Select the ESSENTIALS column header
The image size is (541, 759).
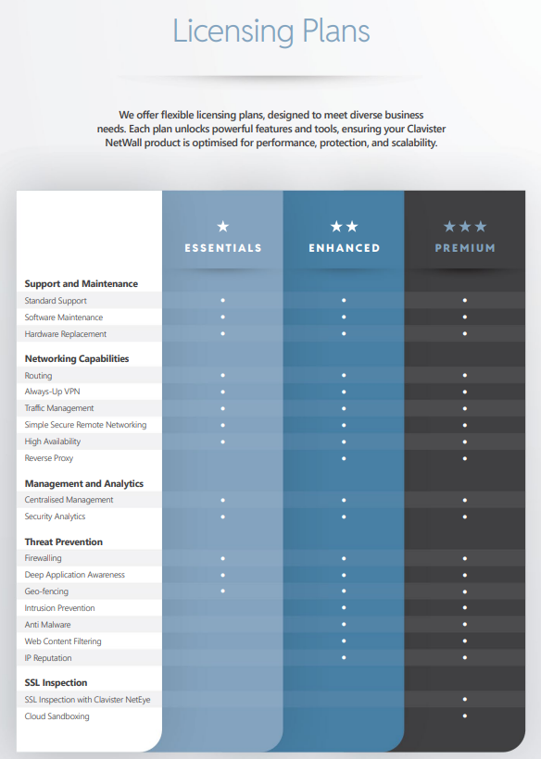[223, 248]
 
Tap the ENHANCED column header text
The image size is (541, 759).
[344, 248]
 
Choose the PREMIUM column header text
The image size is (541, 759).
[465, 248]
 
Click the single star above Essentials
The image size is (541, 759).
[223, 226]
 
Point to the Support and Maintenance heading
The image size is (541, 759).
[82, 283]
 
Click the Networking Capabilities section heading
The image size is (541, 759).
[77, 359]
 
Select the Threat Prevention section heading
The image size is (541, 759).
[63, 541]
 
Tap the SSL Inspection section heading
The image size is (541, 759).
[56, 682]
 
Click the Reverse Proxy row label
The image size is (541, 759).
[49, 458]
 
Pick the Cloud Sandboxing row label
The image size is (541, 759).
[57, 716]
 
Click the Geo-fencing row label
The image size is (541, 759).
[46, 591]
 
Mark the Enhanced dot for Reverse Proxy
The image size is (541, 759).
[344, 458]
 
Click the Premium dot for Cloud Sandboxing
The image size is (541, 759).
[465, 715]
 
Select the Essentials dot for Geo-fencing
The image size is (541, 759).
[223, 591]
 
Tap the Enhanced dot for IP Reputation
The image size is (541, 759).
[344, 657]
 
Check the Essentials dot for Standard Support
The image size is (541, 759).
[223, 300]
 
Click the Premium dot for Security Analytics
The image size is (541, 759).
[465, 516]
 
